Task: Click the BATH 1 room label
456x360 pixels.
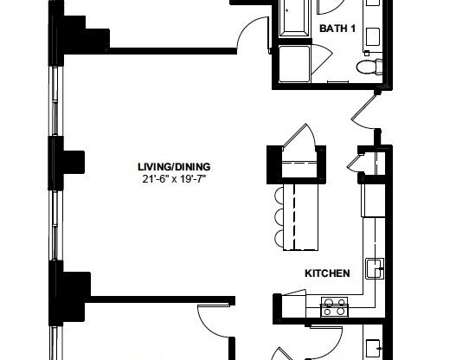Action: pyautogui.click(x=337, y=29)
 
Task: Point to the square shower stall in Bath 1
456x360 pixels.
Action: pyautogui.click(x=296, y=64)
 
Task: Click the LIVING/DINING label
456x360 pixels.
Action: pyautogui.click(x=174, y=166)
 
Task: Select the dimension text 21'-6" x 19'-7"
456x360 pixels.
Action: pyautogui.click(x=174, y=179)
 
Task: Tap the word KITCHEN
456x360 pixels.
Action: pyautogui.click(x=327, y=273)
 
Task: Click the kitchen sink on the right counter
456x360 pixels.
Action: pyautogui.click(x=375, y=268)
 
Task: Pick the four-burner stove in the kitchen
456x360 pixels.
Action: pyautogui.click(x=334, y=305)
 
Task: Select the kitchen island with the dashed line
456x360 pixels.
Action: pyautogui.click(x=299, y=215)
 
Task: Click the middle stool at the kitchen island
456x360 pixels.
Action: pyautogui.click(x=279, y=215)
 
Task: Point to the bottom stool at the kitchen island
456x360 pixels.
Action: pyautogui.click(x=279, y=236)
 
